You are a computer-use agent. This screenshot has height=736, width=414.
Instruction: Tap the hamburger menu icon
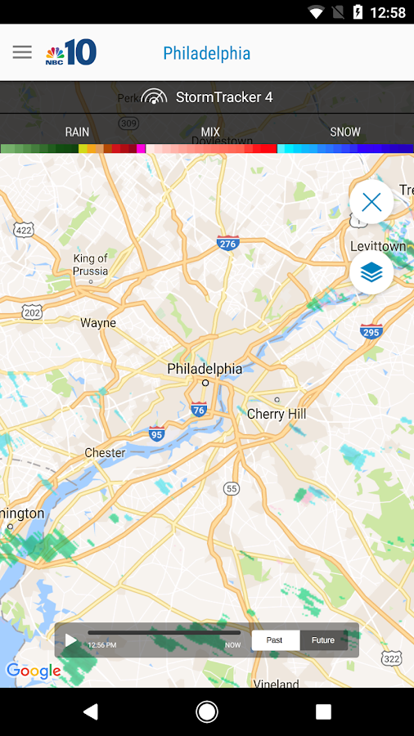click(22, 52)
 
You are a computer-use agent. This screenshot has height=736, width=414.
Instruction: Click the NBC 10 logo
click(71, 53)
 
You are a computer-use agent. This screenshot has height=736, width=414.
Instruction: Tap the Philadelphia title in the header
click(206, 53)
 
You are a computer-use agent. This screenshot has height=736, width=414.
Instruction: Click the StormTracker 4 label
click(223, 97)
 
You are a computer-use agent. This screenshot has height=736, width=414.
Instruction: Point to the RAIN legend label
click(77, 132)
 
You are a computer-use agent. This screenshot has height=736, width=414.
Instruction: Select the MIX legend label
click(210, 132)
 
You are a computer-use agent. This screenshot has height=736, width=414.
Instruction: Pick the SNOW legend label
click(344, 132)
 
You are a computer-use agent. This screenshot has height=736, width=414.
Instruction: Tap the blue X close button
click(371, 202)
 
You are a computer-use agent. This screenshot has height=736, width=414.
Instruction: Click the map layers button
click(371, 273)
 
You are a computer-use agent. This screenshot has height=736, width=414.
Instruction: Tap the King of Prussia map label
click(90, 264)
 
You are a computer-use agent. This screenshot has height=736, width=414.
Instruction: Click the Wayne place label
click(98, 323)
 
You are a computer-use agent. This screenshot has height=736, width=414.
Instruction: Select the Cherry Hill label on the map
click(277, 414)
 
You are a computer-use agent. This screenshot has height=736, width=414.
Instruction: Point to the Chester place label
click(105, 452)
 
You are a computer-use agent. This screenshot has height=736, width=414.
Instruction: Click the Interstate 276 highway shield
click(227, 243)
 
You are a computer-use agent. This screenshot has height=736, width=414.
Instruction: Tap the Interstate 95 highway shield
click(156, 433)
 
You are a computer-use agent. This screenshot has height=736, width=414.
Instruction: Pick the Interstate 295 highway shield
click(371, 331)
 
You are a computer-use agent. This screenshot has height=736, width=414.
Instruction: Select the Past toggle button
click(275, 640)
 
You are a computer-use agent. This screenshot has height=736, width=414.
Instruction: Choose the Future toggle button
click(323, 640)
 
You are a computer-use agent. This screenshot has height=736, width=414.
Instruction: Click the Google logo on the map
click(34, 671)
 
